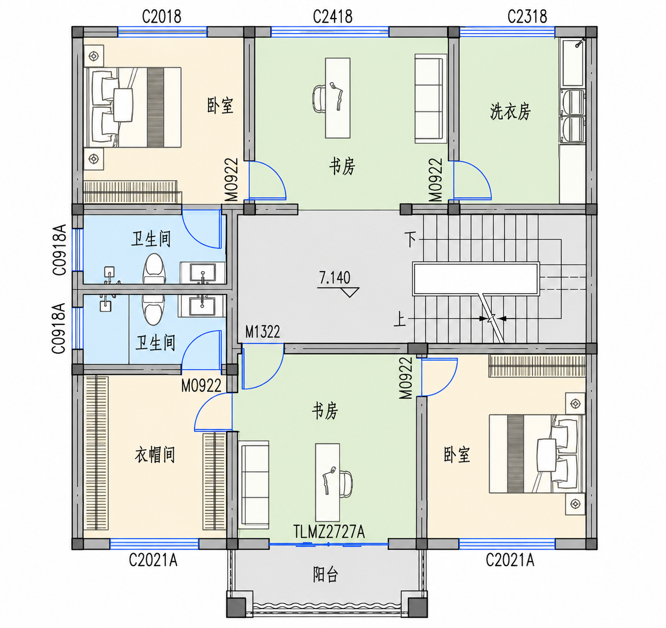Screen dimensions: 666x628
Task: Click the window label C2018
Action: coord(162,16)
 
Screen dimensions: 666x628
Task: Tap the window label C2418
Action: coord(332,16)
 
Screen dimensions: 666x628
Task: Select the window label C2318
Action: coord(527,16)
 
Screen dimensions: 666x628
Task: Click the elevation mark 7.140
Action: coord(335,278)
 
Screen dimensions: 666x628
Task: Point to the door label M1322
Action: coord(262,332)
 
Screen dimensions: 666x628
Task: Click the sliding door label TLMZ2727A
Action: coord(329,532)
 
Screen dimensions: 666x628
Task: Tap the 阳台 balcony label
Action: coord(325,574)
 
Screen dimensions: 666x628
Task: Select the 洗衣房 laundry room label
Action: coord(510,112)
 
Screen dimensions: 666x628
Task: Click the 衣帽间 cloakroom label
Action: coord(155,455)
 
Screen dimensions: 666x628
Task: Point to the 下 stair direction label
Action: coord(410,239)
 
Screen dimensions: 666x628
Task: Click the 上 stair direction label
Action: coord(399,319)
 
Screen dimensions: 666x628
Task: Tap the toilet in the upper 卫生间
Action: coord(154,269)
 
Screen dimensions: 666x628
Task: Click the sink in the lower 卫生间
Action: coord(202,306)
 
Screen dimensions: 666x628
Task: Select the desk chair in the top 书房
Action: coord(320,98)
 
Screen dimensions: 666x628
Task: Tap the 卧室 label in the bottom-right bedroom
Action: coord(457,455)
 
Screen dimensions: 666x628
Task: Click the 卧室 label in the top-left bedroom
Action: coord(220,106)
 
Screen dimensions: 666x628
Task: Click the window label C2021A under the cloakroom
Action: coord(153,560)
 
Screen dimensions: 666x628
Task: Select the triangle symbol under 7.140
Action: coord(349,292)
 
